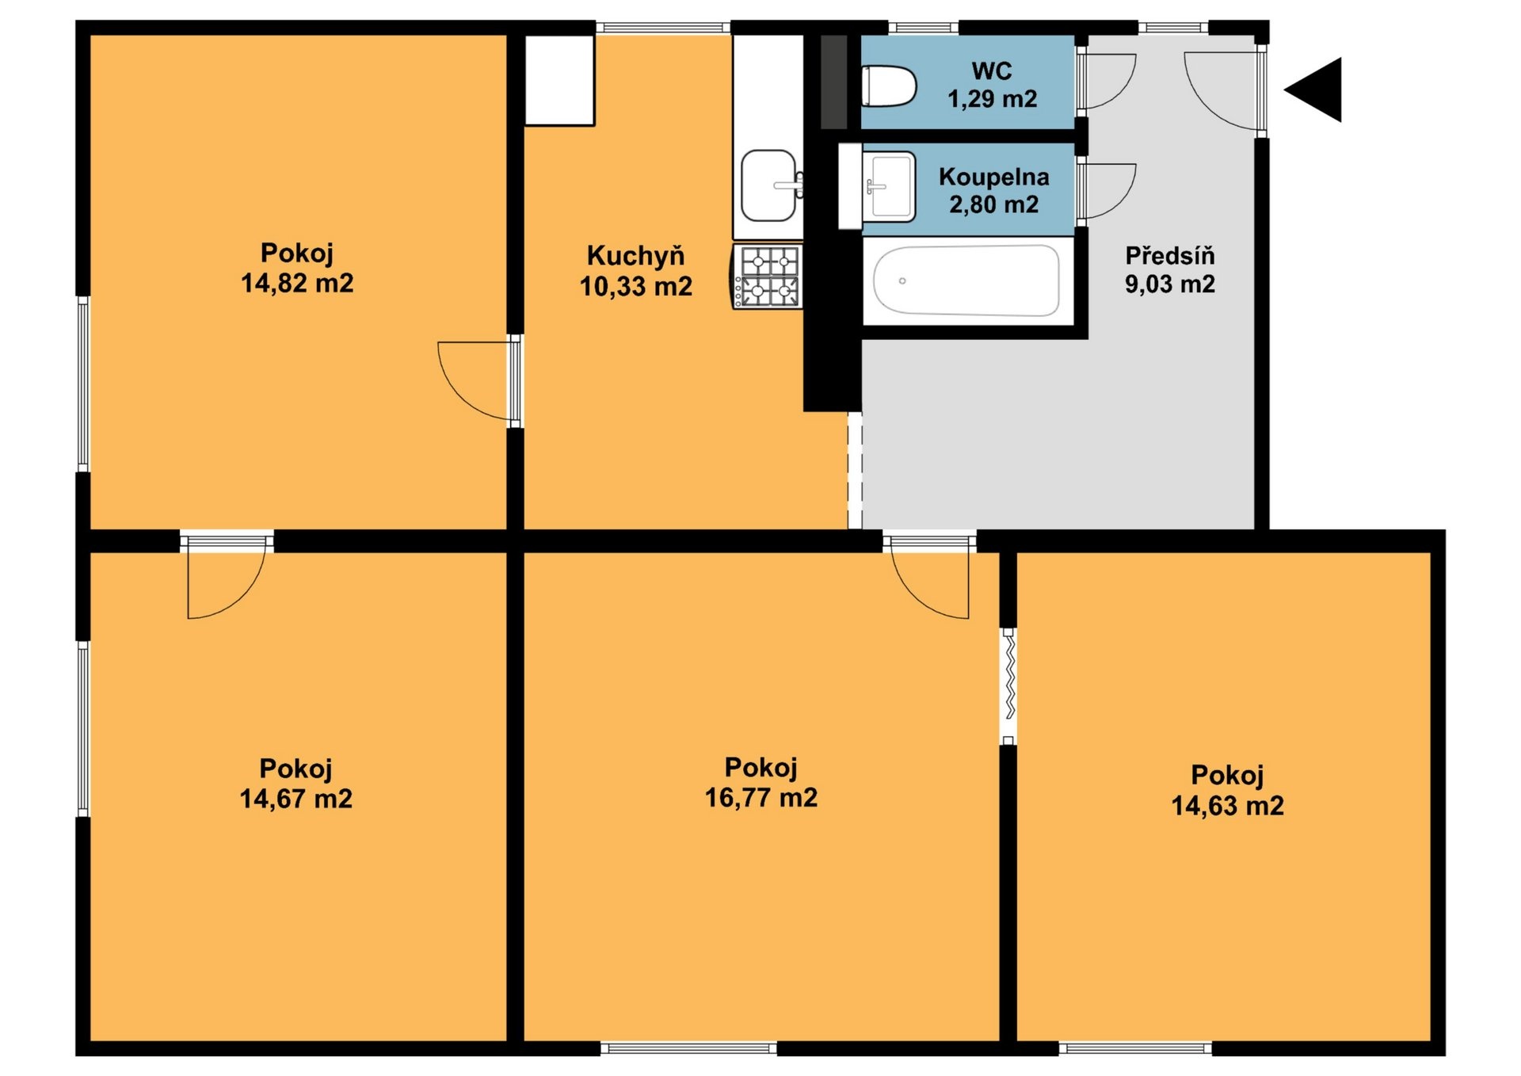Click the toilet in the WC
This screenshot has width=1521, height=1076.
(889, 86)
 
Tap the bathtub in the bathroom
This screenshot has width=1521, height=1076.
(966, 280)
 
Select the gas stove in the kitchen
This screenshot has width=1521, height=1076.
(767, 276)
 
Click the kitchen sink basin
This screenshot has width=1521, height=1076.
(768, 185)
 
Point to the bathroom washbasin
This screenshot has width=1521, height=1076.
(890, 187)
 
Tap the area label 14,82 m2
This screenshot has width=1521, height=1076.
(297, 283)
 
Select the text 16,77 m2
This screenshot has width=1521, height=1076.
(761, 797)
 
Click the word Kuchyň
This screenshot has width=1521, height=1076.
(635, 255)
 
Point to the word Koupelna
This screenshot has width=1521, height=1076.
(994, 177)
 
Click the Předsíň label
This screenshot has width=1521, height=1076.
(1170, 255)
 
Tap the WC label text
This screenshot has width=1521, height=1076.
(992, 71)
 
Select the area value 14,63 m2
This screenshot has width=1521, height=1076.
(1228, 805)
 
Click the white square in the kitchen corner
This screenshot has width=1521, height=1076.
(560, 79)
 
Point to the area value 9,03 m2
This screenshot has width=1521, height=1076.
(1170, 284)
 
